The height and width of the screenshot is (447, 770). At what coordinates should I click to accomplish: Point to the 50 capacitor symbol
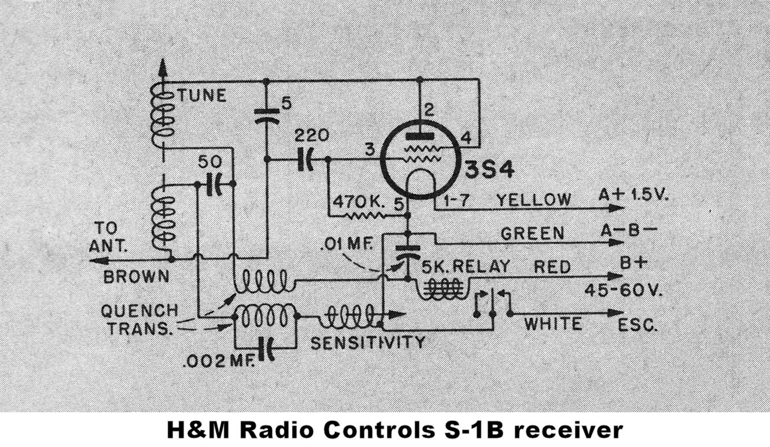213,184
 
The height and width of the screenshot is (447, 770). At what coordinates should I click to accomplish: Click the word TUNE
201,96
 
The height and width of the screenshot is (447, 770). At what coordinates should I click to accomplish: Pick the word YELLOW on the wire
533,200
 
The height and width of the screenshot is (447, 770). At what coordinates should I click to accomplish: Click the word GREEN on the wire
532,233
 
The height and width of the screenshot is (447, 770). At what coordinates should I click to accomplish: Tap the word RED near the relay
552,267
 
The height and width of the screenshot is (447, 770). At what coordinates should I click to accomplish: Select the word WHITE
553,323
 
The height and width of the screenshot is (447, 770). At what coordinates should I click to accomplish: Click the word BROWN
137,276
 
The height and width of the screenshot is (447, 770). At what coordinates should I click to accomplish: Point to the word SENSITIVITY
368,342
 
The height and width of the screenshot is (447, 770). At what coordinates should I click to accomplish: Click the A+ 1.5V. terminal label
633,195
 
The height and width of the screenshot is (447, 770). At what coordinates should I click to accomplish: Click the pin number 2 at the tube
429,110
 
